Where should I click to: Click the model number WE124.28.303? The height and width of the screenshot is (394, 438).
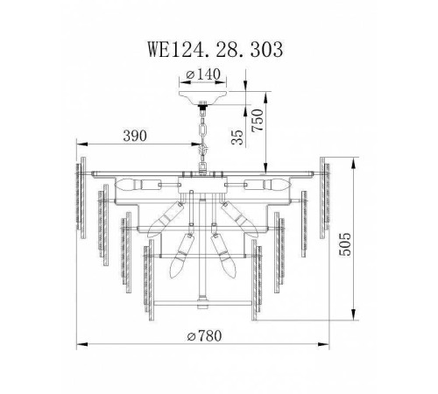pos(215,49)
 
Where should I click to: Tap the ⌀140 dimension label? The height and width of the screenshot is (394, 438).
pos(203,74)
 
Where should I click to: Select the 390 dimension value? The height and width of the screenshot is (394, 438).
pos(135,136)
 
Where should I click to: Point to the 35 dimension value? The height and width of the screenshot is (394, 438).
pos(237,137)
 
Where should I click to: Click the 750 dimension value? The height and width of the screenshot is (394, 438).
pos(258,120)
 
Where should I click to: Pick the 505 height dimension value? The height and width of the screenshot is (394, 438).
pos(345,244)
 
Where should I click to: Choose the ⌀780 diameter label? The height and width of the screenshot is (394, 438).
pos(204,335)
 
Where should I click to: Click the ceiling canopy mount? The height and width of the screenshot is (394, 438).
pos(203,97)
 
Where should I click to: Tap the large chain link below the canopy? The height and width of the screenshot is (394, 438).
pos(202,130)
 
